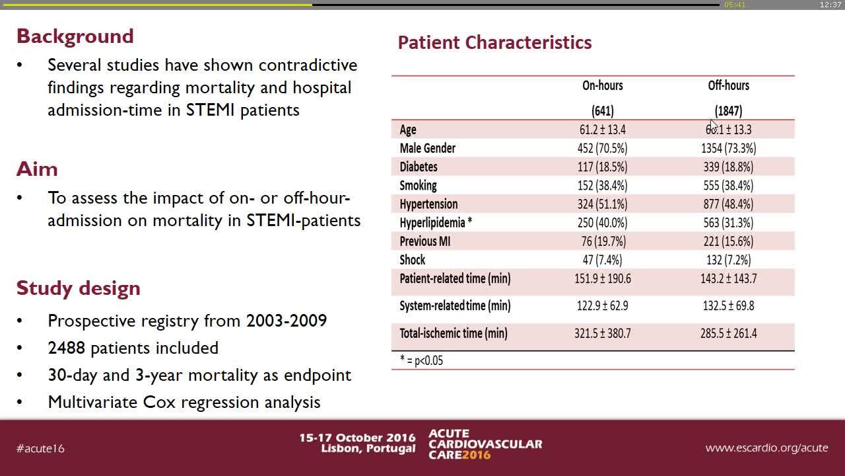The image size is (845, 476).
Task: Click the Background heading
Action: pos(75,36)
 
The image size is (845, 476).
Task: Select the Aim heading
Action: pos(37,169)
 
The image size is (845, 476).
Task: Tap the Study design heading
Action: pos(78,288)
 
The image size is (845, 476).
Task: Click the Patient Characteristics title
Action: pos(494,43)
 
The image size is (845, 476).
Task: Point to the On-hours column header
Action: pos(602,85)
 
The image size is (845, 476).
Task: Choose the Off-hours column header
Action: pos(728,85)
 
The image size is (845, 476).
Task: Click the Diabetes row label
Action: pos(419,167)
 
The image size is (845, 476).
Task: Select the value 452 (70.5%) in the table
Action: pos(602,148)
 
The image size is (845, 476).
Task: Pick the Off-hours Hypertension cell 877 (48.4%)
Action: pos(728,204)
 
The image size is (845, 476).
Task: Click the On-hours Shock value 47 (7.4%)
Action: pos(602,260)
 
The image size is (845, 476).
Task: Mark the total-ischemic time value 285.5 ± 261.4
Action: pos(728,333)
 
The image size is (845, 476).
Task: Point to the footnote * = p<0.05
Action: pos(421,361)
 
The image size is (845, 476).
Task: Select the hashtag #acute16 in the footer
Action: pos(40,448)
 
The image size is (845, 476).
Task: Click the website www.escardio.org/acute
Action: pos(766,448)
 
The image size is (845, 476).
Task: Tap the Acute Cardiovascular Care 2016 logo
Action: pos(485,444)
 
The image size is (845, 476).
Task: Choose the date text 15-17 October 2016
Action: pos(357,438)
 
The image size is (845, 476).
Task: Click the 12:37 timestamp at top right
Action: pos(829,5)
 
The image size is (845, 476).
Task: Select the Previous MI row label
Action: pos(424,241)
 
